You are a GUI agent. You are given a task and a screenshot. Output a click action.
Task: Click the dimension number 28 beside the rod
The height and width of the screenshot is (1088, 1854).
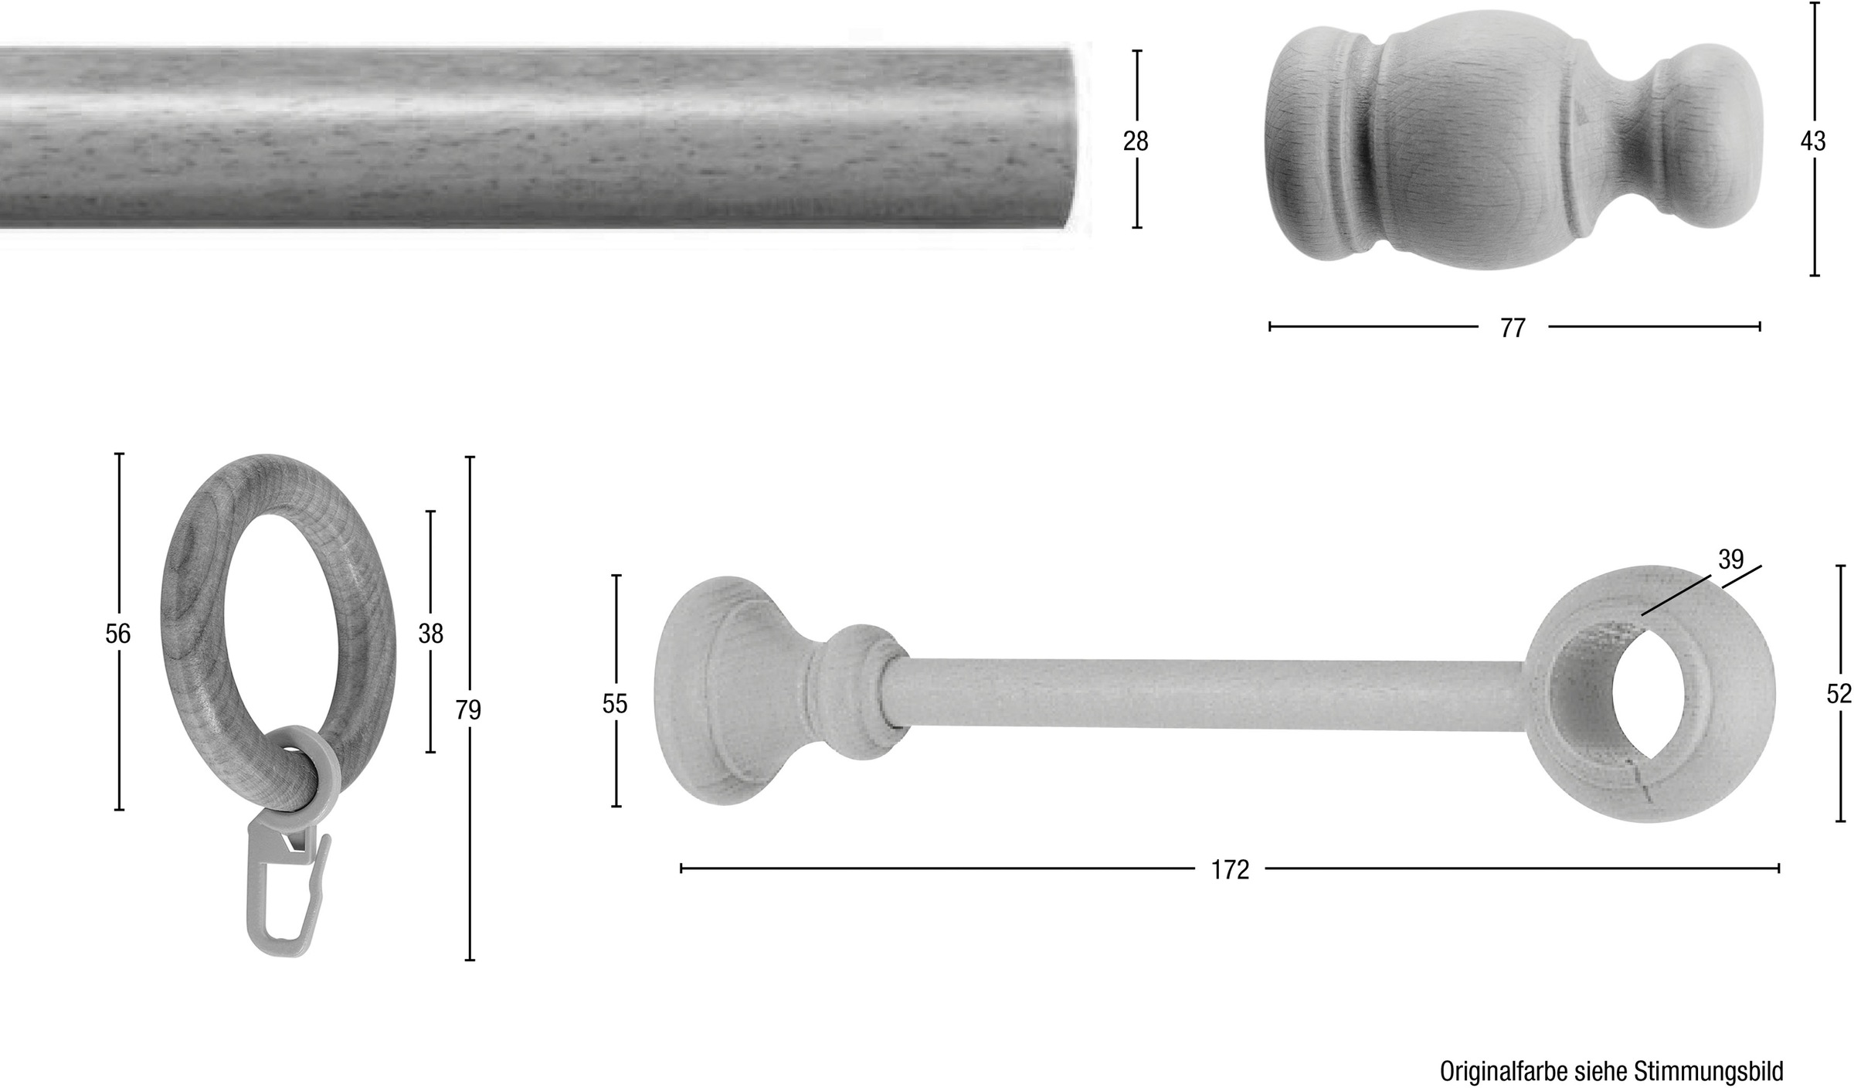pos(1136,141)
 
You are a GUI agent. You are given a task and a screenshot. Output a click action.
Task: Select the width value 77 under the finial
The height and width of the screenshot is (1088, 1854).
pos(1513,328)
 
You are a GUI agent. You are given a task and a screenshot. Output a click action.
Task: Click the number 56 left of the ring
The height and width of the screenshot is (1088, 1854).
pos(118,634)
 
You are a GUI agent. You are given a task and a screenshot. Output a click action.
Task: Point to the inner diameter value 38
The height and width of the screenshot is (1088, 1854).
pos(431,634)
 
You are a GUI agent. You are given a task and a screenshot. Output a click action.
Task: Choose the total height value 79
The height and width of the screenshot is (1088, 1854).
pos(468,709)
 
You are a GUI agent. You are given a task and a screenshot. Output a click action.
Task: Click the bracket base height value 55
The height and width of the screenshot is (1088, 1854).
pos(615,704)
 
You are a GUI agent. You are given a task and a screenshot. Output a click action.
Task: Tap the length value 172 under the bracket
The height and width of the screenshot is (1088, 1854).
pos(1230,870)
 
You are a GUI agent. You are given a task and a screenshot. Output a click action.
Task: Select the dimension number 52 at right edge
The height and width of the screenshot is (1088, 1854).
pos(1839,694)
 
